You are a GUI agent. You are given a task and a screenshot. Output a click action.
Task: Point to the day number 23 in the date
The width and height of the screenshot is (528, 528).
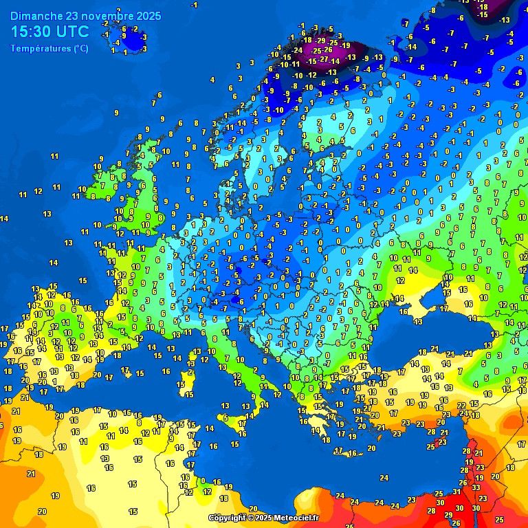[x=71, y=15]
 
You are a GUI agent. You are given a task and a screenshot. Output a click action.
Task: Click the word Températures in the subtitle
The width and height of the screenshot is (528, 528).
[x=40, y=48]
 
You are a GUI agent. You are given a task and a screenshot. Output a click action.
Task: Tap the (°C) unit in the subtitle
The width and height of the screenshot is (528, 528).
[x=80, y=48]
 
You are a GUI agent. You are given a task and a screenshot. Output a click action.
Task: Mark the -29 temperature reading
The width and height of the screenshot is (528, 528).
[x=322, y=41]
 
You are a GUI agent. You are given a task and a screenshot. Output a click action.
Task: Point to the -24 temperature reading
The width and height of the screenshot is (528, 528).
[x=297, y=50]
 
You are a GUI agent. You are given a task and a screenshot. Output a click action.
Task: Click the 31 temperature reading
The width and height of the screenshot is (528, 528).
[x=456, y=492]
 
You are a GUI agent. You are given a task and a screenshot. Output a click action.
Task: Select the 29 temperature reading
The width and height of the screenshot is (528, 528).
[x=449, y=515]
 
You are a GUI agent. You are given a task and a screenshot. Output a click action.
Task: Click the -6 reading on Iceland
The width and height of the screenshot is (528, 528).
[x=123, y=29]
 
